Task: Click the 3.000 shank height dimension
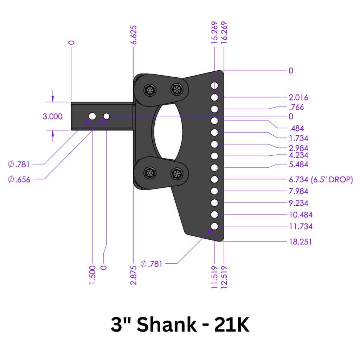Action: point(52,116)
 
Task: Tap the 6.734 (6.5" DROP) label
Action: point(321,180)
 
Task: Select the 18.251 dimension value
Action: point(300,242)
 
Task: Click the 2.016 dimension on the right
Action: point(298,97)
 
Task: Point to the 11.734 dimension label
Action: point(300,226)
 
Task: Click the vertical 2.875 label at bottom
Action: point(134,273)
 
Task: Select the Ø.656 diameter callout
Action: point(19,180)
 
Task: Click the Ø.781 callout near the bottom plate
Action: point(152,264)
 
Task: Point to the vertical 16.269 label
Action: point(224,33)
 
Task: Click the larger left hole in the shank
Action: point(92,116)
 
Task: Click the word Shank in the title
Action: point(166,325)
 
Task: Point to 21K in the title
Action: point(232,325)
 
